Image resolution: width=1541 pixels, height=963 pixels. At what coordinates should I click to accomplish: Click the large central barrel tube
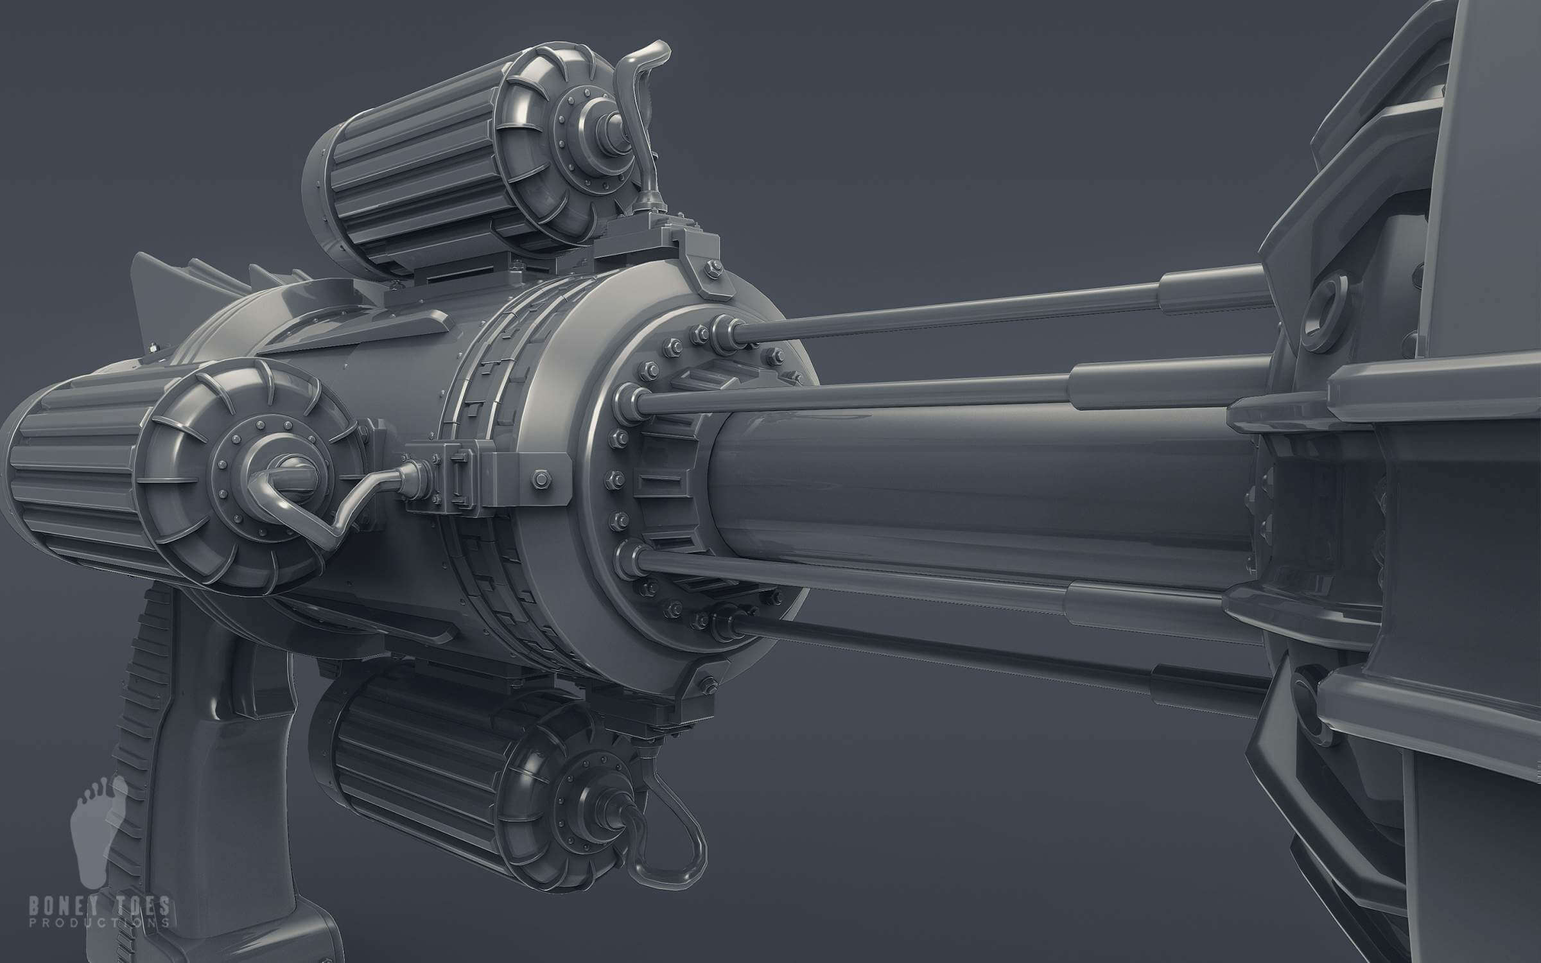[963, 488]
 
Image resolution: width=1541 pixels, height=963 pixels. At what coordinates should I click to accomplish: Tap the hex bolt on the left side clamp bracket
[538, 478]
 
